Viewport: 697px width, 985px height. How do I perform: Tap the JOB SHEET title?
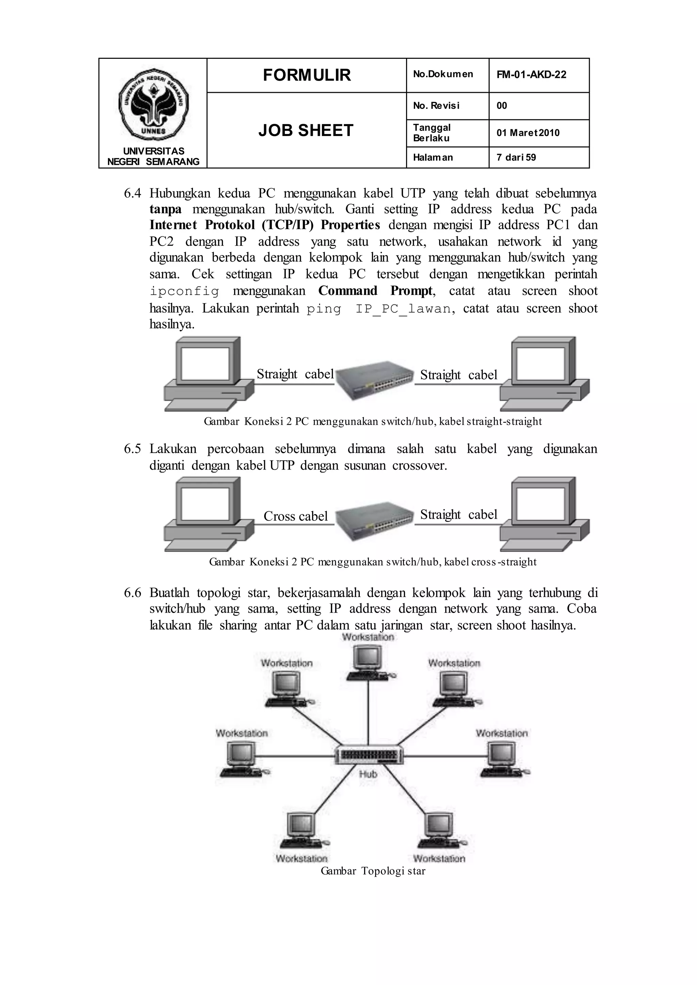coord(306,130)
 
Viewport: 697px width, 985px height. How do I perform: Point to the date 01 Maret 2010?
coord(528,133)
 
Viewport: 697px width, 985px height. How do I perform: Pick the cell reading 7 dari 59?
coord(516,157)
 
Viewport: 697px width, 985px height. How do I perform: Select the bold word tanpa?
coord(165,210)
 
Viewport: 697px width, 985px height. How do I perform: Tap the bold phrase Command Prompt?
coord(375,291)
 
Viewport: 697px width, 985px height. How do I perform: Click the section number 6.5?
coord(132,449)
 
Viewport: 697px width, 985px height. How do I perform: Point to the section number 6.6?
coord(132,593)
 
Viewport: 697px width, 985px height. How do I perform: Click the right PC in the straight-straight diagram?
coord(544,373)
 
